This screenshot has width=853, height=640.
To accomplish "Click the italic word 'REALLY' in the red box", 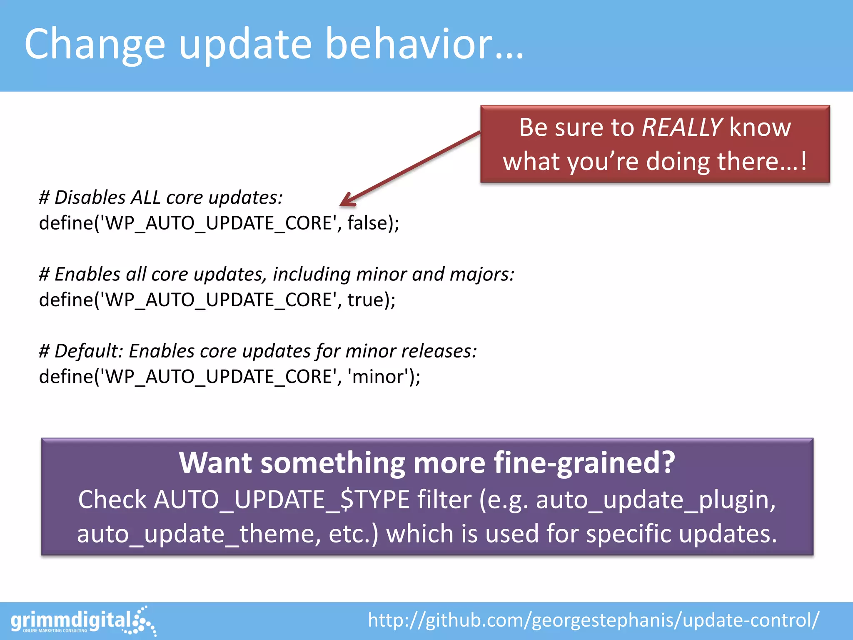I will coord(682,127).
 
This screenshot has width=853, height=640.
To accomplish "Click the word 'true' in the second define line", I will coord(365,300).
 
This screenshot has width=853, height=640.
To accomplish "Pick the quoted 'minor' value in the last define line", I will coord(378,377).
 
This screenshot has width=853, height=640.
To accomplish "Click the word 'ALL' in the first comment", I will coord(145,197).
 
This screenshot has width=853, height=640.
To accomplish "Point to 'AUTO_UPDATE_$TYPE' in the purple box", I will coord(282,500).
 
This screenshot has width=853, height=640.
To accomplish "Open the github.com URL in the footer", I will coord(594,620).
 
